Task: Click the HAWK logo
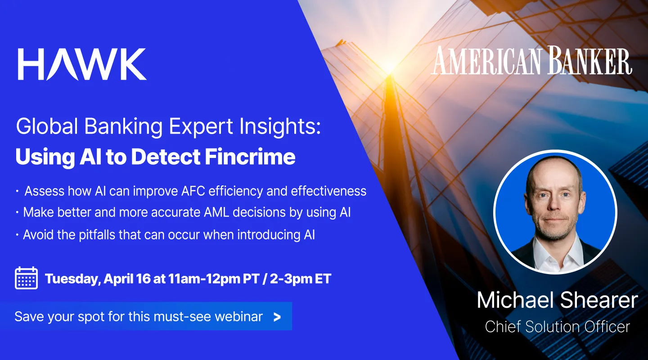point(82,64)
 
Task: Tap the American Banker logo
point(532,62)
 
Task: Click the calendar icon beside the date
point(26,278)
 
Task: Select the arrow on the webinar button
point(277,317)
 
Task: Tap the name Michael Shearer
point(557,301)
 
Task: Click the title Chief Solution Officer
point(557,327)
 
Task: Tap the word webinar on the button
point(238,316)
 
